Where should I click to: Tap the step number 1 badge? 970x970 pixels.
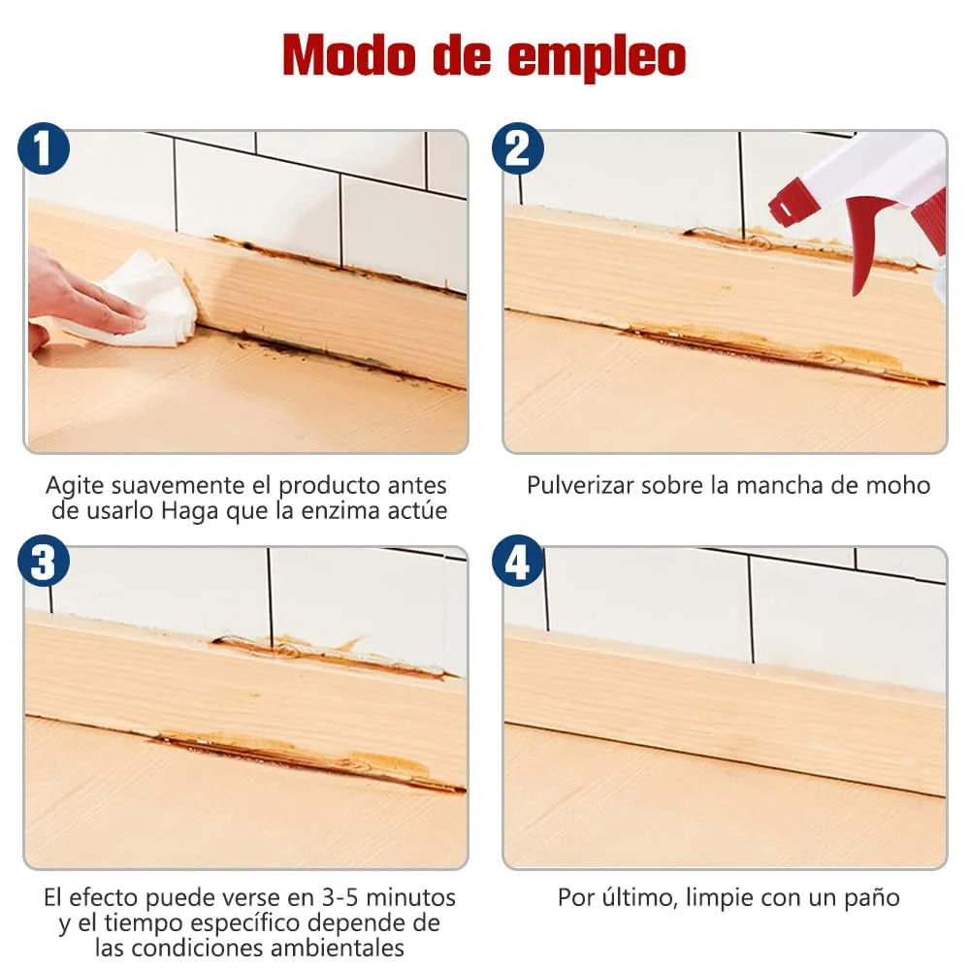pyautogui.click(x=44, y=150)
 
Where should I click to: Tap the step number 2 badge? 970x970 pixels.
pyautogui.click(x=518, y=150)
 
